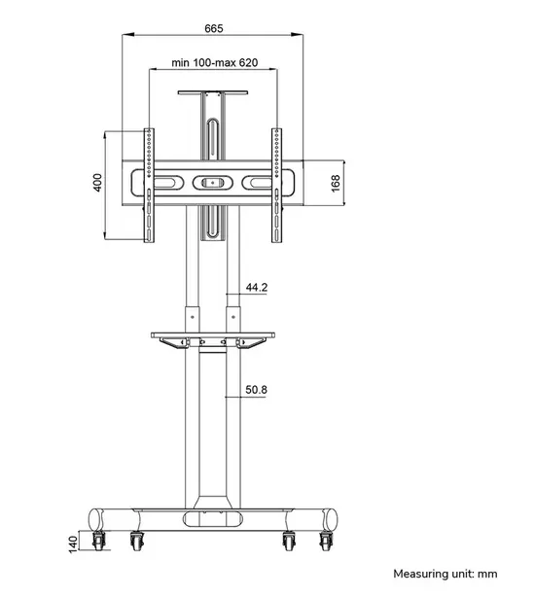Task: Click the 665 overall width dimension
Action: [214, 27]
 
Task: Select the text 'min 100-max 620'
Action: [214, 63]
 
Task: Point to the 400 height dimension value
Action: [97, 183]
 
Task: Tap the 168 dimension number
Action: [336, 183]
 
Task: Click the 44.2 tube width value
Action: [257, 288]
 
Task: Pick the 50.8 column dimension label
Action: [257, 390]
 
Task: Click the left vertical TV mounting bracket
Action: [149, 185]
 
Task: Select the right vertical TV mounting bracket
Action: [277, 185]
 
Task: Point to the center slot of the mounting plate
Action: [213, 182]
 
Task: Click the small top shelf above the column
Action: [213, 92]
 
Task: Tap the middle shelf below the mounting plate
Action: [213, 335]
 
